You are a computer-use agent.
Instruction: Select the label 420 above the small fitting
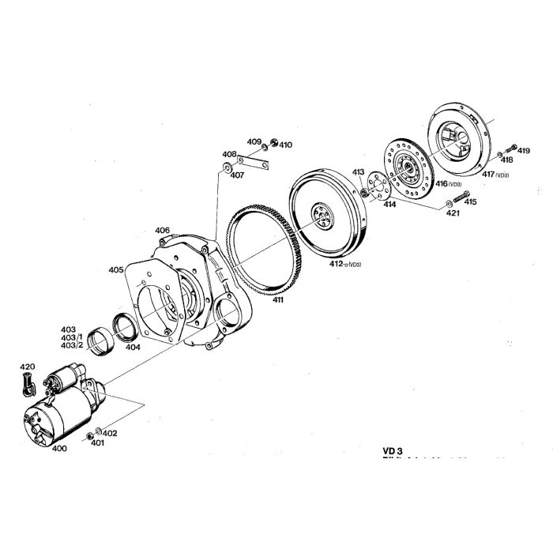(x=28, y=367)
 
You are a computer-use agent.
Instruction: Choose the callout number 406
(x=162, y=231)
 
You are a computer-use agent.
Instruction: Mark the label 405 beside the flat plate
(x=116, y=270)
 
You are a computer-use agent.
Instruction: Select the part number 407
(x=237, y=175)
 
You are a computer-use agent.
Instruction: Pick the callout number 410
(x=285, y=145)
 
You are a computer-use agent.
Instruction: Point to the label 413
(x=359, y=172)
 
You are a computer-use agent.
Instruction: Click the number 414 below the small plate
(x=389, y=204)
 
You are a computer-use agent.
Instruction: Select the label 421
(x=452, y=213)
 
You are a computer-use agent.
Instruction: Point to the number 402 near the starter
(x=110, y=433)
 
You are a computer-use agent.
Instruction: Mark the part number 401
(x=96, y=443)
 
